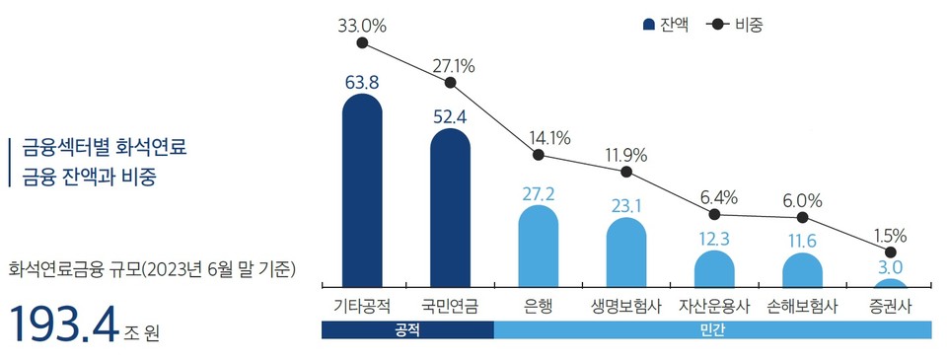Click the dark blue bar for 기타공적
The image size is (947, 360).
click(x=362, y=187)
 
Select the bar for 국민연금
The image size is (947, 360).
click(x=450, y=207)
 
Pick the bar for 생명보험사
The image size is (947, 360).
click(x=626, y=252)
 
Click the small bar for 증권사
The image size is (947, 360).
click(x=891, y=283)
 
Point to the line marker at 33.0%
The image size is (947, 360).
click(x=362, y=43)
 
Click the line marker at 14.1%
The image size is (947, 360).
click(x=538, y=155)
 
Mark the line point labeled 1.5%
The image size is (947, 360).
click(x=891, y=252)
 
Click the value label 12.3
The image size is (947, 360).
click(x=714, y=238)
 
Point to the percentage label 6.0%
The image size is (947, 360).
click(x=803, y=199)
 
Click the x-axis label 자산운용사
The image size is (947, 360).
click(x=714, y=306)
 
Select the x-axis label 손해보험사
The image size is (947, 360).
click(x=803, y=306)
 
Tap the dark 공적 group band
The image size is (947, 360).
click(x=407, y=330)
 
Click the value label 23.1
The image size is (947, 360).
click(x=626, y=206)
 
